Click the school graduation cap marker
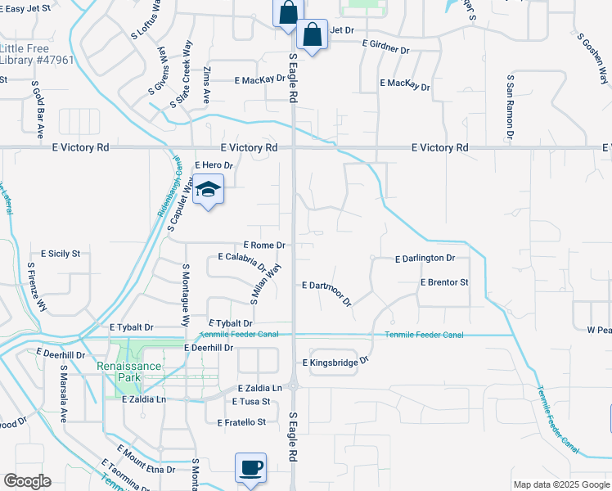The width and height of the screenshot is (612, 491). [x=209, y=189]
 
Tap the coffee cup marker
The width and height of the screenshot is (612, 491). [x=250, y=468]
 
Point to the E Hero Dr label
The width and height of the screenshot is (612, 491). [x=213, y=165]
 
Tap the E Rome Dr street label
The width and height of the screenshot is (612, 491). [x=264, y=245]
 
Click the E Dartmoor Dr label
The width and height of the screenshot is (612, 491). [x=326, y=291]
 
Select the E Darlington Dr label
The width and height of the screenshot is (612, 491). [x=424, y=259]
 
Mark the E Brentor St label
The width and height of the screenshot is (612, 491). [x=443, y=282]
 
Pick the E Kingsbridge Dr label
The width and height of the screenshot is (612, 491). [x=336, y=361]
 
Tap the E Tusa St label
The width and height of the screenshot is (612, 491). [x=250, y=402]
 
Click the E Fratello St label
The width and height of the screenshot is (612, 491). [x=242, y=422]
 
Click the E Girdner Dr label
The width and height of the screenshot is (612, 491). [x=384, y=48]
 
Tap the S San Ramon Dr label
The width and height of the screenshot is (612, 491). [x=510, y=107]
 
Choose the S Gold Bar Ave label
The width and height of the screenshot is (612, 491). [x=38, y=110]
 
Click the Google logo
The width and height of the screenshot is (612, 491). [x=27, y=481]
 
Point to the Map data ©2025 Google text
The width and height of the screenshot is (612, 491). [x=560, y=484]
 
